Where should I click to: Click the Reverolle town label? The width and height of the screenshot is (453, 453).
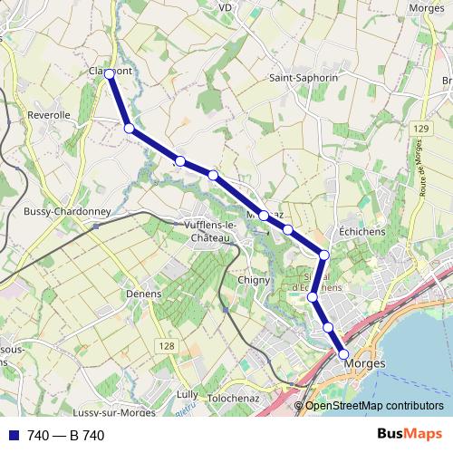coord(49,115)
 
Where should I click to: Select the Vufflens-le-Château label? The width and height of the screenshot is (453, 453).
coord(208,230)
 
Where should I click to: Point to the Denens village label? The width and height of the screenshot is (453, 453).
coord(144,294)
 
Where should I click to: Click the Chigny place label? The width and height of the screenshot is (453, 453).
coord(254,280)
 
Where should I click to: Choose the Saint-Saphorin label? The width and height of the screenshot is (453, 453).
coord(304,78)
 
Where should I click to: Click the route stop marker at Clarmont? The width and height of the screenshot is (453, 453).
coord(109,73)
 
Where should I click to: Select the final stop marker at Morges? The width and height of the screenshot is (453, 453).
coord(343,354)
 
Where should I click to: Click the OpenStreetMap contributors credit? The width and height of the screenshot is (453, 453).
coord(374,405)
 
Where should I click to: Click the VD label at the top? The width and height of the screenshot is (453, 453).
coord(226,6)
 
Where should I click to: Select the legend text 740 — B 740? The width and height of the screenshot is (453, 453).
coord(66,436)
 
